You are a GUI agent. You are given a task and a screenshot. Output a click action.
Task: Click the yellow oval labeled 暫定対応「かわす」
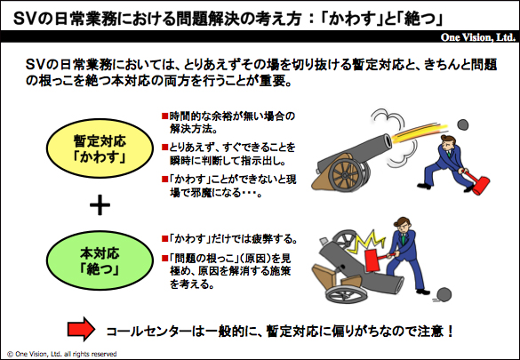click(100, 148)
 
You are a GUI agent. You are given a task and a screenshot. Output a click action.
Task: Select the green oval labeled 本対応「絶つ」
click(100, 260)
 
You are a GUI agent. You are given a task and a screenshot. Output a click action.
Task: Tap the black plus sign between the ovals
click(100, 204)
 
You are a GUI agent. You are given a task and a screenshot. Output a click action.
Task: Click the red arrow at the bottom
click(81, 329)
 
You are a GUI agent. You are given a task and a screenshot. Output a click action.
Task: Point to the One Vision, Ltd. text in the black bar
click(478, 37)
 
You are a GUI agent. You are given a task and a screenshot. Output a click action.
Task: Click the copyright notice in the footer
click(62, 354)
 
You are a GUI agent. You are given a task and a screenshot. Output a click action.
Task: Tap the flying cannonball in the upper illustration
click(462, 124)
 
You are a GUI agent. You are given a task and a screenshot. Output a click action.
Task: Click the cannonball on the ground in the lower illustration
click(444, 294)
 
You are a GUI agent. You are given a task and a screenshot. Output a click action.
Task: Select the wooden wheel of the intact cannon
click(348, 175)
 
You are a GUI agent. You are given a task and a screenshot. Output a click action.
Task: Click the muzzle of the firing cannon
click(387, 140)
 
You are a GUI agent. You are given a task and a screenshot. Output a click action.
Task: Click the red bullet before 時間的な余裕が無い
click(164, 116)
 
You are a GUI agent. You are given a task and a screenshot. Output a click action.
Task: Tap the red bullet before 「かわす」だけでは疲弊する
click(164, 238)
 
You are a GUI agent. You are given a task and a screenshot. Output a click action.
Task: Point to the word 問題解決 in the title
click(202, 19)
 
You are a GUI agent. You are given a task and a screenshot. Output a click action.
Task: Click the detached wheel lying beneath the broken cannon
click(347, 292)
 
